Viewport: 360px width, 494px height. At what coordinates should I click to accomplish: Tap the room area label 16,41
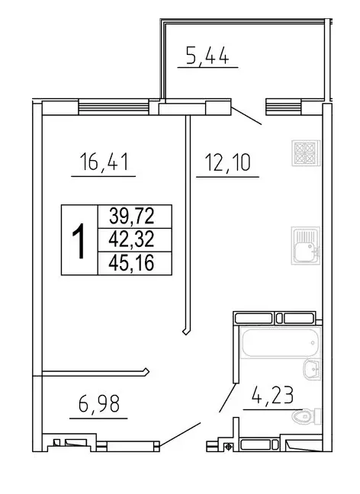point(103,162)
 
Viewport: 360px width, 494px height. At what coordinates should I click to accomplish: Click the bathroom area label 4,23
point(272,395)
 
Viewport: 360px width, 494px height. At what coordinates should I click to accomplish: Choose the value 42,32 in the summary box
point(131,239)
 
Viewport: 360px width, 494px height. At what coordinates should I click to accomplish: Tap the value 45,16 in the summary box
point(131,262)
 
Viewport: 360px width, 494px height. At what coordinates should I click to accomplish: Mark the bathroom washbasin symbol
point(311,370)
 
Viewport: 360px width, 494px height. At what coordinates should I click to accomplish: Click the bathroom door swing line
point(227,398)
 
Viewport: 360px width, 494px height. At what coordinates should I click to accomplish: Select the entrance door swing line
point(180,435)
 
